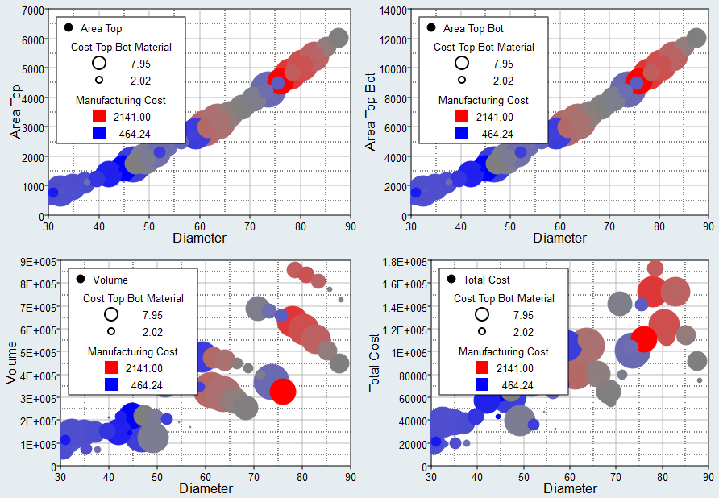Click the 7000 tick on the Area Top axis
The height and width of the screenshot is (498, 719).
[33, 10]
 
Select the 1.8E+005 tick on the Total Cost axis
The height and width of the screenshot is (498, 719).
[404, 261]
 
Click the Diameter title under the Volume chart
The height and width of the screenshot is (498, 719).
[206, 488]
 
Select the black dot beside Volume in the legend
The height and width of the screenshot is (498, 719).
[81, 280]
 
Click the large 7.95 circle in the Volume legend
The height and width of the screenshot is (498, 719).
[110, 315]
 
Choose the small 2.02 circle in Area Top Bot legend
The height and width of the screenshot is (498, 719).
[462, 80]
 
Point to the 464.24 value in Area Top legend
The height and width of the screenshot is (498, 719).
[135, 134]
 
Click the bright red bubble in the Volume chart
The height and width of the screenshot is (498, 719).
[283, 392]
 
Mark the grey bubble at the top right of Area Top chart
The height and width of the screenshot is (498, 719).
[339, 37]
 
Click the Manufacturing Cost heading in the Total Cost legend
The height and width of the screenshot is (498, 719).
[504, 351]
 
